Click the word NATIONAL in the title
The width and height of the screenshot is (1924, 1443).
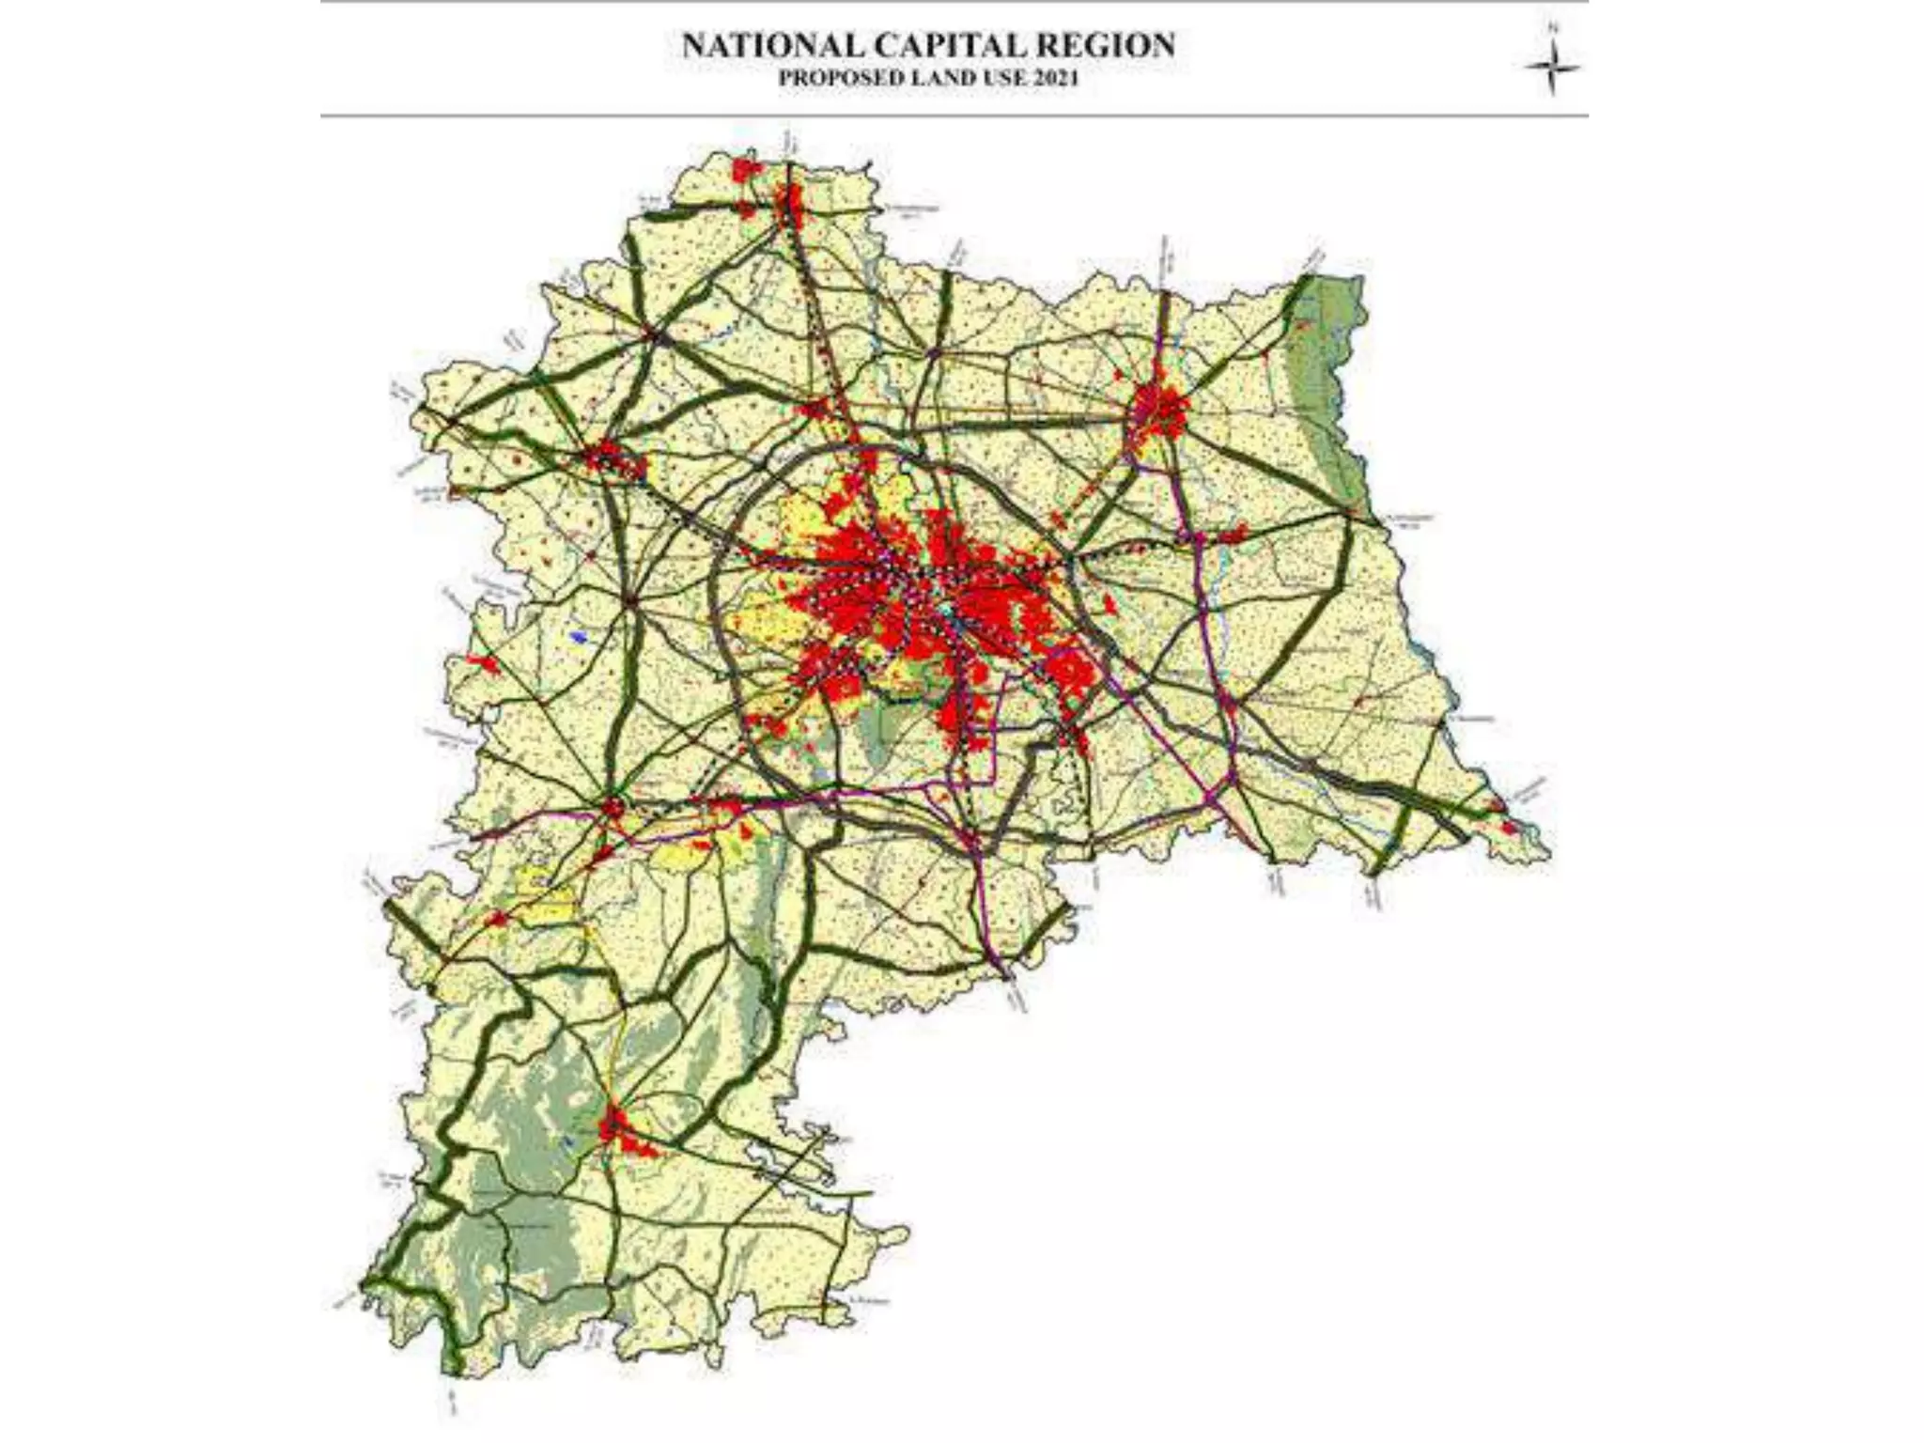click(773, 46)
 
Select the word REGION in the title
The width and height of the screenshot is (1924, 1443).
click(1115, 46)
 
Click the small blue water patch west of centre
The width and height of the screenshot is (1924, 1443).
click(580, 637)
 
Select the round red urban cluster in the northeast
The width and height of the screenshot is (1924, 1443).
click(1161, 410)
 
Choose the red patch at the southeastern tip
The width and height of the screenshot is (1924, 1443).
click(1509, 828)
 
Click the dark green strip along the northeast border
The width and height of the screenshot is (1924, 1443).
click(1329, 376)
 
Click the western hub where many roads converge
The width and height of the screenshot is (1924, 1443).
click(631, 598)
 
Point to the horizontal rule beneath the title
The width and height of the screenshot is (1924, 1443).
click(954, 116)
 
